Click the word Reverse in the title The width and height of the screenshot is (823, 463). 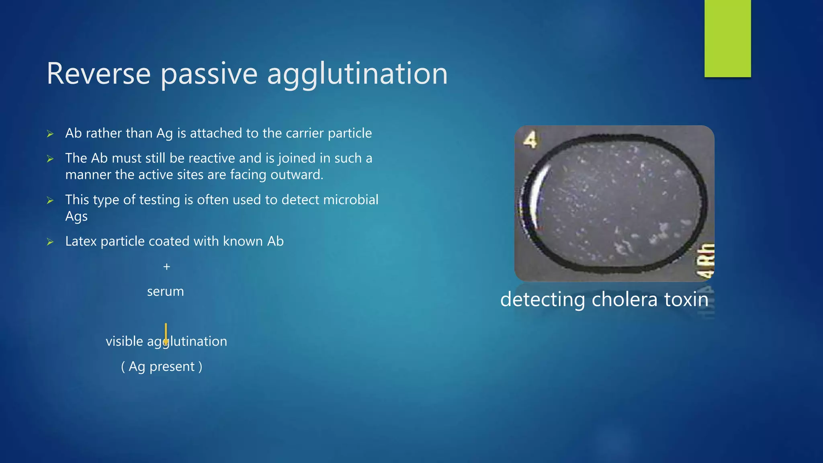tap(98, 74)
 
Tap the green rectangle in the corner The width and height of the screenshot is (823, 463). tap(727, 39)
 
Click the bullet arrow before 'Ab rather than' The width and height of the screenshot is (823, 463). tap(50, 134)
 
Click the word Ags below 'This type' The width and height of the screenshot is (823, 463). tap(76, 217)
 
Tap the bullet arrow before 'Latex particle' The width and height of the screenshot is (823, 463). tap(50, 242)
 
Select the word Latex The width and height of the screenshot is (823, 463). tap(81, 241)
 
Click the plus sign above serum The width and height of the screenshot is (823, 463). tap(167, 266)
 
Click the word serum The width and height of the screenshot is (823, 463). tap(165, 291)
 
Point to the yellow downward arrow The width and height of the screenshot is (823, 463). tap(166, 334)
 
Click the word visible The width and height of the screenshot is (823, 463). tap(124, 341)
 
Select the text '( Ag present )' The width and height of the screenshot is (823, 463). tap(162, 367)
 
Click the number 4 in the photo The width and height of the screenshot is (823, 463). tap(530, 140)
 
